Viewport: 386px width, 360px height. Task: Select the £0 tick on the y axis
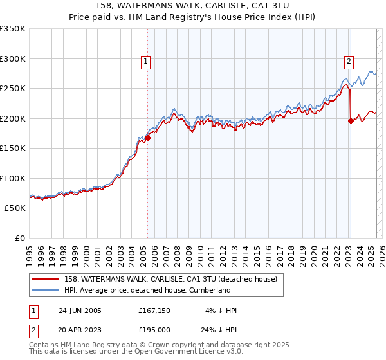pos(19,238)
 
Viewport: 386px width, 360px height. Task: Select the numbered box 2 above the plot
pos(349,62)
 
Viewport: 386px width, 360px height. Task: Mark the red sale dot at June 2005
pos(147,137)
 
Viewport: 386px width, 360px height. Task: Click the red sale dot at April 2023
pos(351,121)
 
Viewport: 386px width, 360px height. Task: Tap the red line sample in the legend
pos(45,279)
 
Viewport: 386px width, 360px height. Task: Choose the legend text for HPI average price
pos(147,290)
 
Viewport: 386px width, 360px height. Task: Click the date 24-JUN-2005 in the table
pos(80,310)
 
